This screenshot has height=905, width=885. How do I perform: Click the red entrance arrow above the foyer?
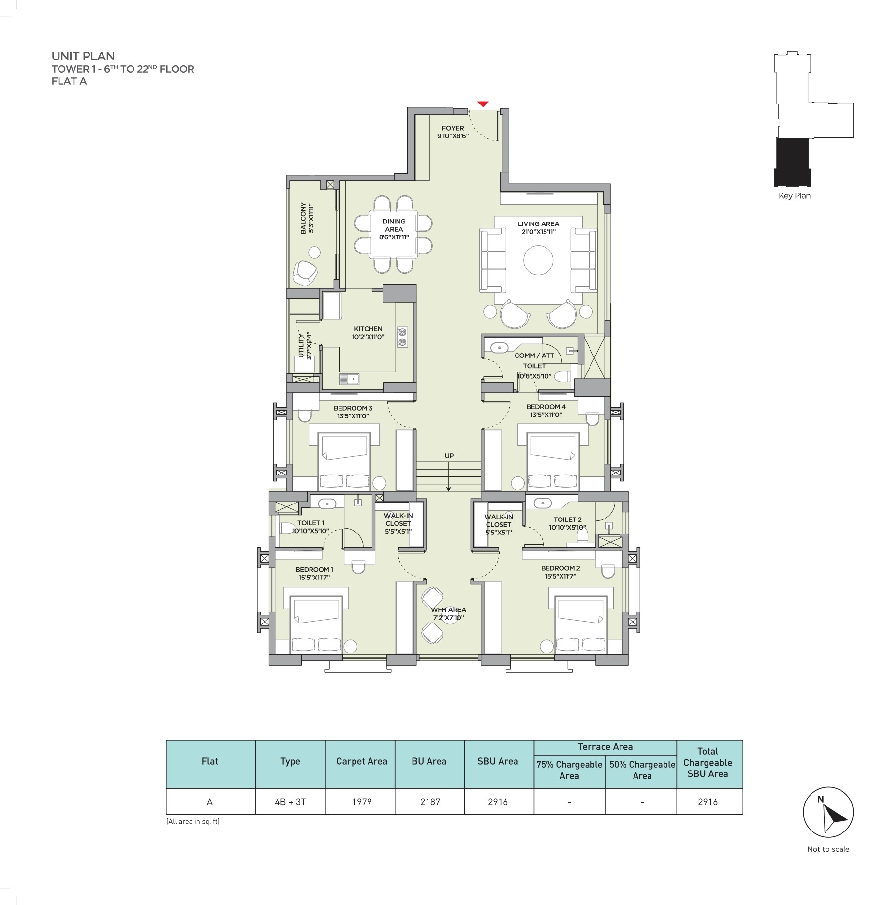[483, 104]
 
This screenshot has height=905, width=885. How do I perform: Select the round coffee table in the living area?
[538, 260]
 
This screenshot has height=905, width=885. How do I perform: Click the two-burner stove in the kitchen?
[402, 337]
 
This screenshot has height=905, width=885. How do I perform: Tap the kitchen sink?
[349, 379]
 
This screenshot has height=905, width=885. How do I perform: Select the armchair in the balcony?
[305, 273]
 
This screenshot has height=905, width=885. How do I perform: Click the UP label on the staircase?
[449, 456]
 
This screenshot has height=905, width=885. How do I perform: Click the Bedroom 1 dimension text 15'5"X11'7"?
[314, 578]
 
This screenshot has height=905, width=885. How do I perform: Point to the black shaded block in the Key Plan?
[793, 162]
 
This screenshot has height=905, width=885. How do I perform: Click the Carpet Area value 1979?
[362, 802]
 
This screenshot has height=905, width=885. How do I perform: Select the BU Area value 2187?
[430, 802]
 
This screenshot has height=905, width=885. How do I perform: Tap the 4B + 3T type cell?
[290, 802]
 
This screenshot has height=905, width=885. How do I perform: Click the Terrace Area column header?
[605, 747]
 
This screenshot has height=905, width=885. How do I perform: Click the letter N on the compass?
[820, 800]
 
